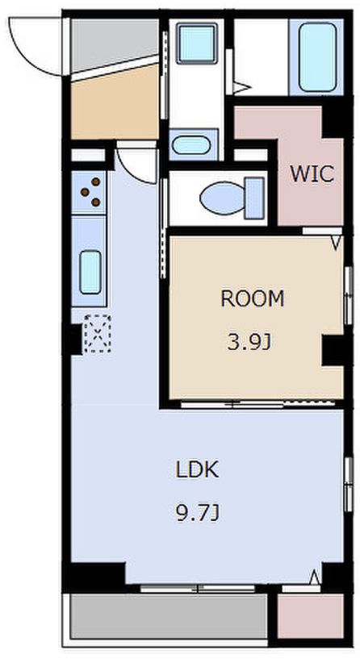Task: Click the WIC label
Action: (312, 173)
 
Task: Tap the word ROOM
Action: (253, 299)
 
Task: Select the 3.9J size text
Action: (249, 342)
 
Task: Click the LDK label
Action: (197, 469)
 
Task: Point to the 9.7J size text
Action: (197, 513)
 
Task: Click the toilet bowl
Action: (222, 198)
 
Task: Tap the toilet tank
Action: (255, 198)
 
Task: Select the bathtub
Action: (318, 56)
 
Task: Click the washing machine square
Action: (197, 43)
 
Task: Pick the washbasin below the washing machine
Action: (191, 145)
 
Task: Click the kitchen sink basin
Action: (90, 272)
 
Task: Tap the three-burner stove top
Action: (89, 192)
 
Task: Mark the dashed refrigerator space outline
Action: (98, 334)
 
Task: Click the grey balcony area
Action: (169, 616)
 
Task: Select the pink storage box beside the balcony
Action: (310, 615)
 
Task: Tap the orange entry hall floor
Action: (115, 103)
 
